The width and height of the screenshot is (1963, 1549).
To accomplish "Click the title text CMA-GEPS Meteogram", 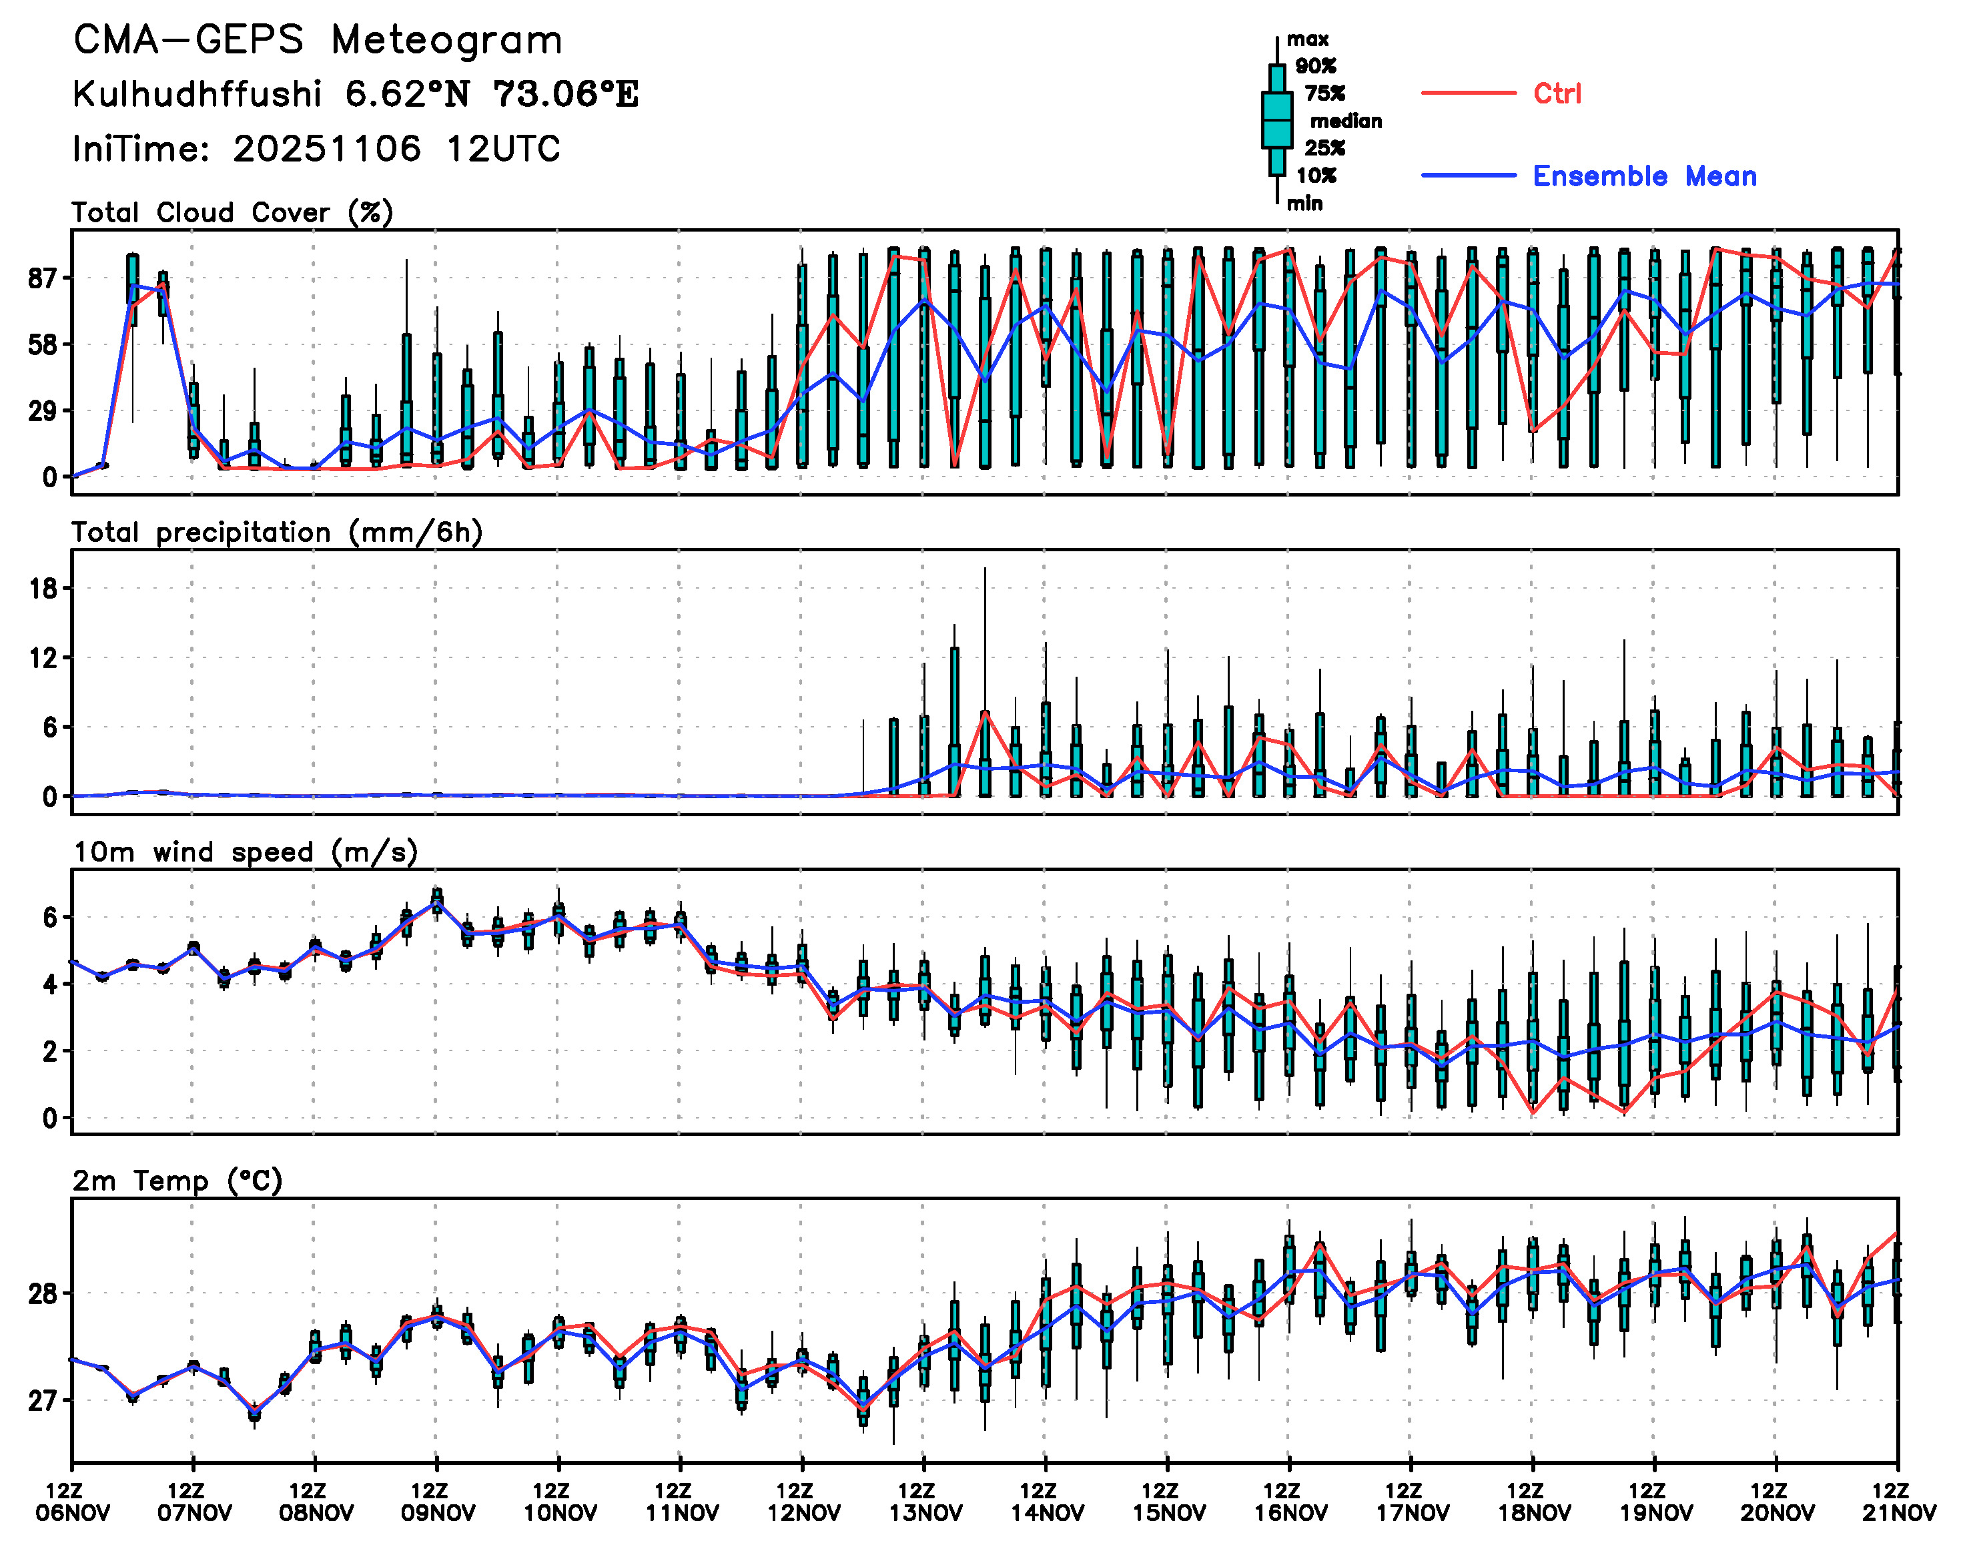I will click(x=318, y=40).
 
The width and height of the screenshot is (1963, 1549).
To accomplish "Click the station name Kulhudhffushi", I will click(x=197, y=94).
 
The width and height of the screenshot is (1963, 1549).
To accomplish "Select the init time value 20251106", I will click(x=326, y=149).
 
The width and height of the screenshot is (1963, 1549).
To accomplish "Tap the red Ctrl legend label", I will click(x=1557, y=93).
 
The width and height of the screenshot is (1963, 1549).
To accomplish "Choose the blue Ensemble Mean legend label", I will click(x=1644, y=176).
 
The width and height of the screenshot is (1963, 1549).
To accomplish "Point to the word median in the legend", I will click(x=1346, y=121).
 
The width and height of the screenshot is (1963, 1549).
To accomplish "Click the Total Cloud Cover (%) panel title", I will click(x=232, y=212).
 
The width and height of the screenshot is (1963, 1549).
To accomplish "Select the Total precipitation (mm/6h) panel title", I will click(x=276, y=533).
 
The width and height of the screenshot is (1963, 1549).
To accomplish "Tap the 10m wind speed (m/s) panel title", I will click(x=245, y=852).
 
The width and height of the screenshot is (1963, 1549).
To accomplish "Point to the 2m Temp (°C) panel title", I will click(x=177, y=1180).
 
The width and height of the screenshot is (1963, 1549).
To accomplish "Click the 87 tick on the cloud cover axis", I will click(x=42, y=278).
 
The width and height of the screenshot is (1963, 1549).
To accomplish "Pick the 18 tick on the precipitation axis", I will click(x=42, y=589).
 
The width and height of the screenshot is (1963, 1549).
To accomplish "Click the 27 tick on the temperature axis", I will click(x=42, y=1401).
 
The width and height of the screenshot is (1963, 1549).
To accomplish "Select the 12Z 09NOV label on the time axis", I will click(x=437, y=1502).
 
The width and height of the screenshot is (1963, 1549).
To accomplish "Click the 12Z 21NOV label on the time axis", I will click(x=1899, y=1502).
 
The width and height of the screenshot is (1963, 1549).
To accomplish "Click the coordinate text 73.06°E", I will click(x=566, y=94).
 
